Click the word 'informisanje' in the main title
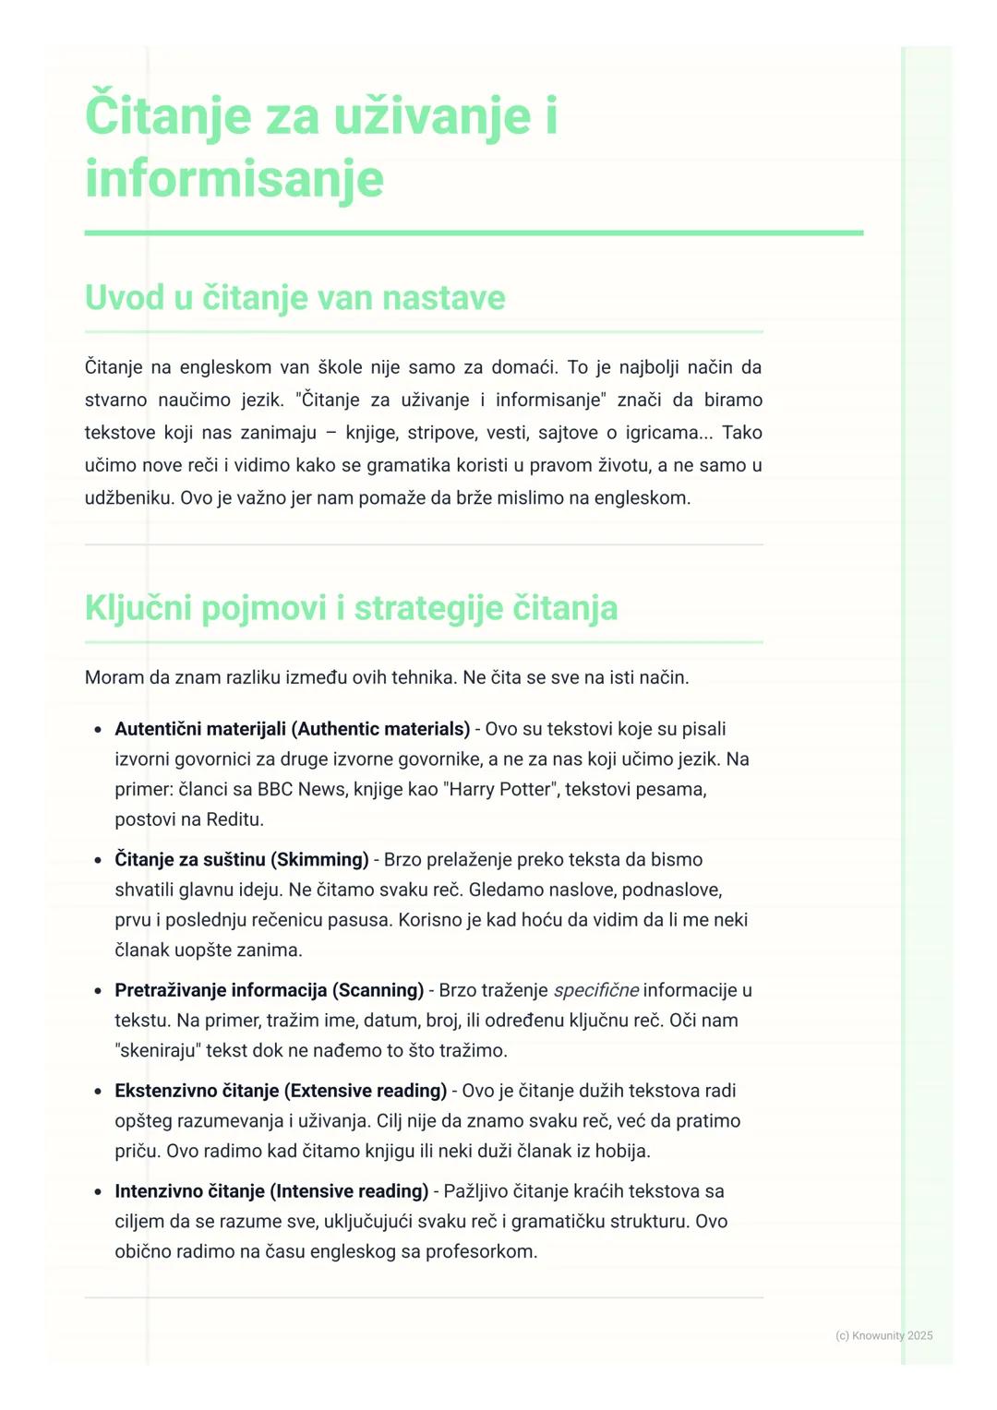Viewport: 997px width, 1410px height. [234, 178]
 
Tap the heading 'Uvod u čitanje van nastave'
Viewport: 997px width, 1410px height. [294, 298]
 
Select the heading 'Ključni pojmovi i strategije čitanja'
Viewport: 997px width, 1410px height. [351, 608]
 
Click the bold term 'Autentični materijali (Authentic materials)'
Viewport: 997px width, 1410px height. [292, 729]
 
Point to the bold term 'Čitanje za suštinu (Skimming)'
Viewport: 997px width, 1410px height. [241, 859]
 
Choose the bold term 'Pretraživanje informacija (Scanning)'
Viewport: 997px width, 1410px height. [269, 990]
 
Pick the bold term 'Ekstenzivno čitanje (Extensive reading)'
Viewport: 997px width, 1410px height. [281, 1091]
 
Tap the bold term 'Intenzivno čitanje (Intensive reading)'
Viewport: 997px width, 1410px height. [271, 1191]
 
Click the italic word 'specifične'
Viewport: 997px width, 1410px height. [595, 990]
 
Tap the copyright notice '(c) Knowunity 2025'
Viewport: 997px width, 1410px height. [883, 1335]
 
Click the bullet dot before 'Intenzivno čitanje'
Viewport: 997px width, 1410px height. [98, 1192]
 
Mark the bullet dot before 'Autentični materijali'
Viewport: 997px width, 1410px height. [98, 730]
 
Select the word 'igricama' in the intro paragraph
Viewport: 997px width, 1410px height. [662, 433]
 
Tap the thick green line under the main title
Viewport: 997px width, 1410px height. [474, 233]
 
